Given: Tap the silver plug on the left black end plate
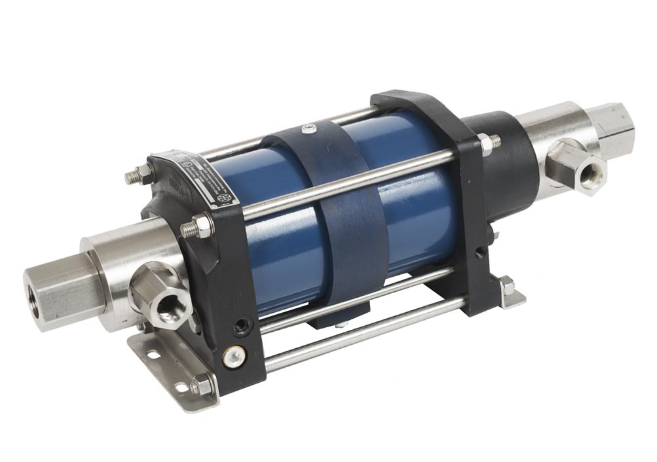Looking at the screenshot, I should click(233, 357).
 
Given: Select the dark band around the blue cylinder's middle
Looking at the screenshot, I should click(341, 216).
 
